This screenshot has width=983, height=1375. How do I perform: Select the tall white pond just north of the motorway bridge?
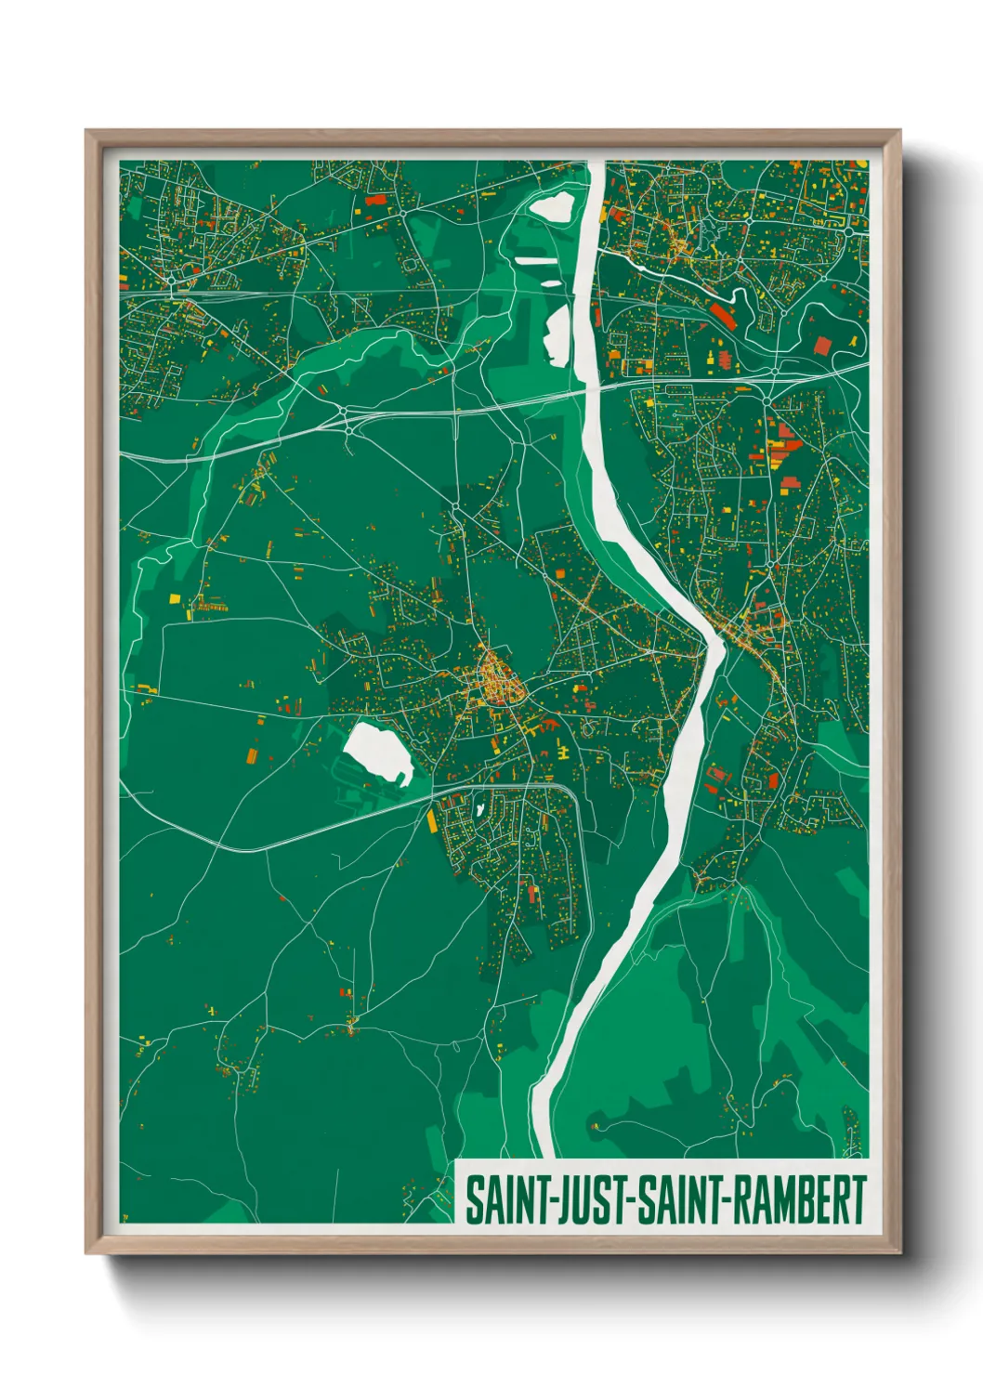557,334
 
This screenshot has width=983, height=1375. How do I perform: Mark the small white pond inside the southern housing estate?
478,810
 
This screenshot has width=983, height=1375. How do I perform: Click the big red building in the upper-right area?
822,346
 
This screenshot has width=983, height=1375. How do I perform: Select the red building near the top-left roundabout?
375,199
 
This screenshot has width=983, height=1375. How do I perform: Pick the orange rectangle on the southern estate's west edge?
431,820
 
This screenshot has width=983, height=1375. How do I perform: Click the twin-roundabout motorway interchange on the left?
347,417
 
